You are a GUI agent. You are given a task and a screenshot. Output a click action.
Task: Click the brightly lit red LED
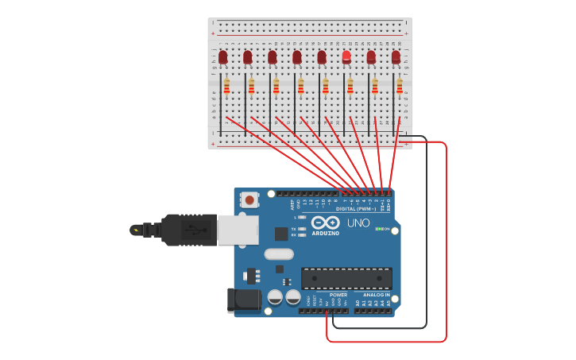point(346,56)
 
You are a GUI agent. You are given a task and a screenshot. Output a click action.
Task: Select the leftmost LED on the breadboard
point(223,57)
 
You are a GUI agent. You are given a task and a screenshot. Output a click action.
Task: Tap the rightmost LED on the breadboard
point(396,57)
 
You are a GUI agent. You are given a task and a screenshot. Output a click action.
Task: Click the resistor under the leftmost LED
point(226,86)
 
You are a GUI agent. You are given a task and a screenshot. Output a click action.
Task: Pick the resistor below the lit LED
point(350,86)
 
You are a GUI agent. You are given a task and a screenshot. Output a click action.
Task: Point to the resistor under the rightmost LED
point(400,86)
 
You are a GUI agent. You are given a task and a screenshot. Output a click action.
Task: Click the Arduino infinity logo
point(325,223)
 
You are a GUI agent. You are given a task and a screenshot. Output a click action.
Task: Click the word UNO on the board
point(358,223)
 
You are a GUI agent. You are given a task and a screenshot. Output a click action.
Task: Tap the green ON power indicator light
point(378,229)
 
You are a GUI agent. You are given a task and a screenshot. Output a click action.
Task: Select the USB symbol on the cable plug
point(192,230)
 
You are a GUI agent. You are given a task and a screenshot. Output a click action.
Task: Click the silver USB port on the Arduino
point(238,230)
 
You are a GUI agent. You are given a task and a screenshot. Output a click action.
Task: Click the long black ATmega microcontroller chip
point(346,278)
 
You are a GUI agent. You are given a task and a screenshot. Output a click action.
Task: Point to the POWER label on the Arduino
point(338,295)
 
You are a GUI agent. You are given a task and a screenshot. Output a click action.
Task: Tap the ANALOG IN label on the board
point(376,295)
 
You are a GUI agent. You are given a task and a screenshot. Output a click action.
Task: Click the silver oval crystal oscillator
point(279,254)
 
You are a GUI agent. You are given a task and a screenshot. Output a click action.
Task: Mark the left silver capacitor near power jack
point(275,297)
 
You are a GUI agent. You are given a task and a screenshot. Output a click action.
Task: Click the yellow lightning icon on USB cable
point(136,231)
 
